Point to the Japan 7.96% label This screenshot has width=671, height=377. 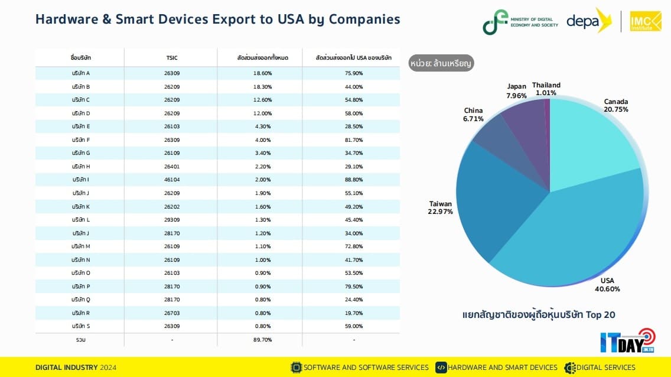point(516,90)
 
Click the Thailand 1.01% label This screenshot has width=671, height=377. point(546,89)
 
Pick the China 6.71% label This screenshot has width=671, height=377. point(474,115)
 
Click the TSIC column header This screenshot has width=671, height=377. point(172,58)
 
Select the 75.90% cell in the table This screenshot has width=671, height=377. point(353,73)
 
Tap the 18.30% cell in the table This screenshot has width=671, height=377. point(262,87)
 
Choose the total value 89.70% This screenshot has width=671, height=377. point(262,340)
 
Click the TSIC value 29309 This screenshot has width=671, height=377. point(172,220)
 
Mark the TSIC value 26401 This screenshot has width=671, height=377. point(172,167)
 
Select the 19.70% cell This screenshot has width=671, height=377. point(353,313)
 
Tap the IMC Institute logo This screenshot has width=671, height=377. point(645,21)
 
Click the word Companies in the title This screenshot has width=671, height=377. point(364,19)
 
